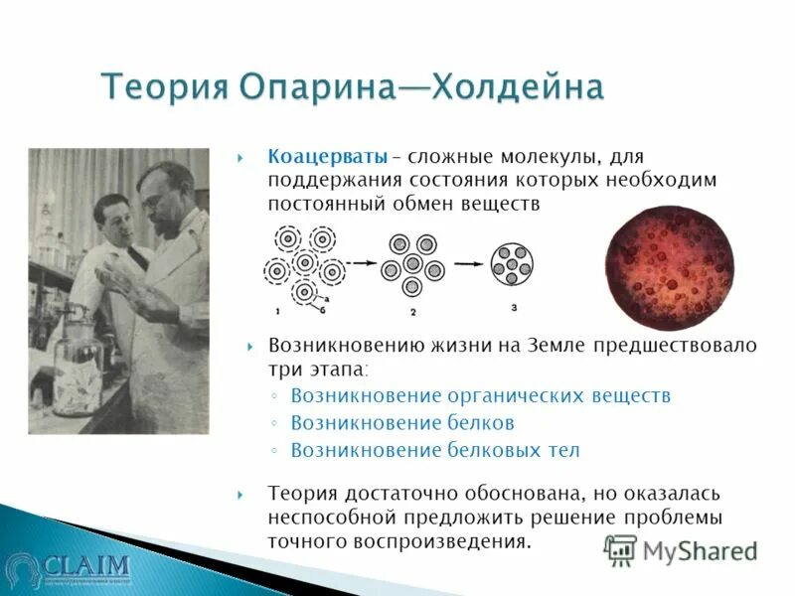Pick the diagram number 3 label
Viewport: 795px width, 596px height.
click(513, 308)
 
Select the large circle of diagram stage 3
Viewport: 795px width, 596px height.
click(513, 265)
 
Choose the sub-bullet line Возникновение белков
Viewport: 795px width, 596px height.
click(401, 422)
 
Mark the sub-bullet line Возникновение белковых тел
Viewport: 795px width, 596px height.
click(434, 449)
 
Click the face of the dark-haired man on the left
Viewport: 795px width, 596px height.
click(112, 213)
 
